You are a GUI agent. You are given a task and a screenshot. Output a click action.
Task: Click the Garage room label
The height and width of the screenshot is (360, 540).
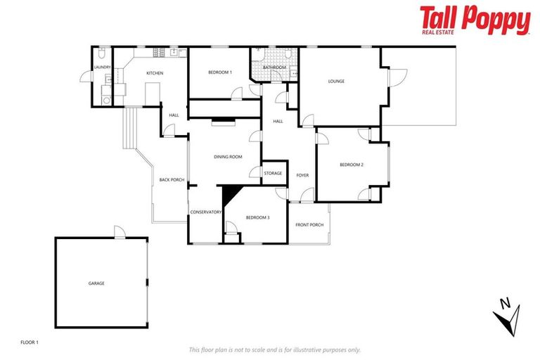96,283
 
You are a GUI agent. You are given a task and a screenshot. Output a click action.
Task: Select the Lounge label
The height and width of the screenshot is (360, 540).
336,82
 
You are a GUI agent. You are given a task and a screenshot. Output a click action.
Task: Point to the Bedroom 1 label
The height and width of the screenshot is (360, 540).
220,72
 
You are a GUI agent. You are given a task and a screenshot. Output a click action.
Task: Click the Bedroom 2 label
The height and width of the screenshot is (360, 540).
351,165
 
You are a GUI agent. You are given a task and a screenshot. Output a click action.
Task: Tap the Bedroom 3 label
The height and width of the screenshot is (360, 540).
257,218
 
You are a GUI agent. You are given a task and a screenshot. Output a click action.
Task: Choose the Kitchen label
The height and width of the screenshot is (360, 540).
155,73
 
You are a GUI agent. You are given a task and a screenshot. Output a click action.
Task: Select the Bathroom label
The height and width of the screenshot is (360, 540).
274,68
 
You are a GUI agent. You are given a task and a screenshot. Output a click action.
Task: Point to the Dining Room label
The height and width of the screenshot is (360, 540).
228,157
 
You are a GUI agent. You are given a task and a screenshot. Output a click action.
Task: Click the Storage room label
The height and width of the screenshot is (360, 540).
273,173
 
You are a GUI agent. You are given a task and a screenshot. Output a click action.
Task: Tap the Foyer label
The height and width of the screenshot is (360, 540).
302,175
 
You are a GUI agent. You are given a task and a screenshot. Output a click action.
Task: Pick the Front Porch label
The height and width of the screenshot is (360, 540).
309,225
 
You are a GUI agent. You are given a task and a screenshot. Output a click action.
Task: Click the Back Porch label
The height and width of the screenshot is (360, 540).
172,179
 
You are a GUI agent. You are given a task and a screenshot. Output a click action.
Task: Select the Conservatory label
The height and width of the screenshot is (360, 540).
206,212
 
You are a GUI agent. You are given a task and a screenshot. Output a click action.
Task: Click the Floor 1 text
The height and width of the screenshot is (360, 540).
30,342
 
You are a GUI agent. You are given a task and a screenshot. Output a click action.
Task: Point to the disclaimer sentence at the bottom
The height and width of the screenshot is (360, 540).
274,349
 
